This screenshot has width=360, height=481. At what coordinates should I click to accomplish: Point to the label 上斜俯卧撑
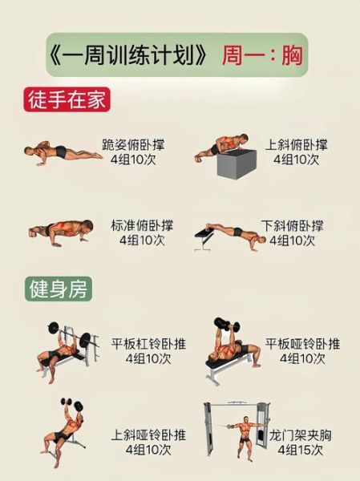pyautogui.click(x=296, y=145)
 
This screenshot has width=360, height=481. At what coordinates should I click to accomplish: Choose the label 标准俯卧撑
pyautogui.click(x=142, y=225)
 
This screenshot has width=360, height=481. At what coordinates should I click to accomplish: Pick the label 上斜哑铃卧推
pyautogui.click(x=148, y=435)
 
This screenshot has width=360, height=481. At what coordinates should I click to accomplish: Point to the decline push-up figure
pyautogui.click(x=230, y=235)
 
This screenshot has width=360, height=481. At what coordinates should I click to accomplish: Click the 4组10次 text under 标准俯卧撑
pyautogui.click(x=142, y=240)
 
